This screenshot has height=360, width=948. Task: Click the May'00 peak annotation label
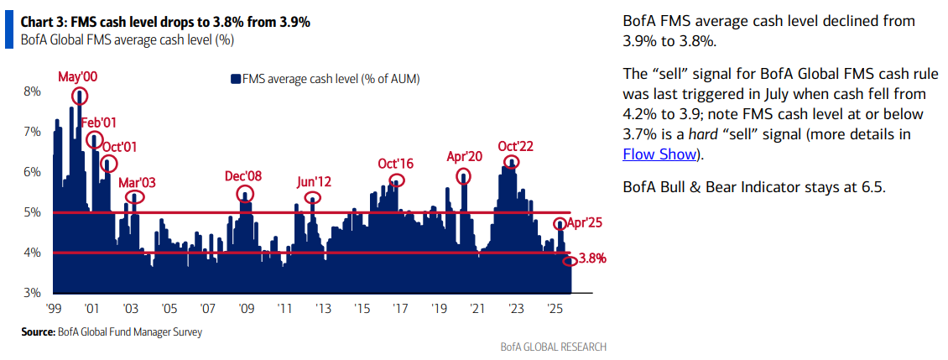pos(77,77)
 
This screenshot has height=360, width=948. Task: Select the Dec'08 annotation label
pos(243,176)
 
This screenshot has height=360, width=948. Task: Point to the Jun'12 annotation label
pos(315,181)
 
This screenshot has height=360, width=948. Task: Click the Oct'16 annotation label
pos(395,163)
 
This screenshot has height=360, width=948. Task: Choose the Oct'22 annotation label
pos(515,144)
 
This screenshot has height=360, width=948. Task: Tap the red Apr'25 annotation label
pos(585,223)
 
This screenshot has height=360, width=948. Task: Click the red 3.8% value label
pos(592,258)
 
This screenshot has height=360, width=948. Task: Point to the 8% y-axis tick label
pos(31,91)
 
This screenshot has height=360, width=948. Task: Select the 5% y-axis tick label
pos(31,212)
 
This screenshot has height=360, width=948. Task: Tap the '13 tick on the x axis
pos(320,308)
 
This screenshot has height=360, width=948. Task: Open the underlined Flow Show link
pos(659,154)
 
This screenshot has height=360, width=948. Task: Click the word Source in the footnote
pos(38,332)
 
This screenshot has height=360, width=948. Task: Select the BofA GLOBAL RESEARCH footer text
pos(552,347)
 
